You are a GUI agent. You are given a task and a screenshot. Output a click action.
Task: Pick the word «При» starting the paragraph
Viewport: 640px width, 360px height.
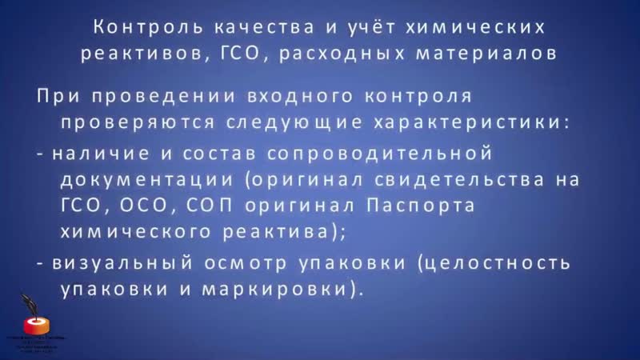pos(57,97)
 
